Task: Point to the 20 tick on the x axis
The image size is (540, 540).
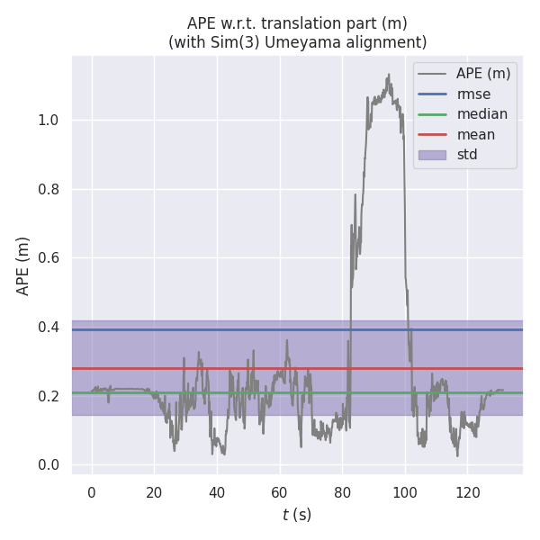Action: pyautogui.click(x=154, y=492)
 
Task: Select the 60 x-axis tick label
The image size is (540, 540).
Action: pyautogui.click(x=280, y=492)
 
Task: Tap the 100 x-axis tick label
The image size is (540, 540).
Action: pyautogui.click(x=405, y=492)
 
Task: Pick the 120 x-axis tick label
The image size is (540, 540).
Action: pyautogui.click(x=468, y=492)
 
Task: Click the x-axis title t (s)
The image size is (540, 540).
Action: pyautogui.click(x=297, y=515)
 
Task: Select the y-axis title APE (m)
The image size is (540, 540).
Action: pyautogui.click(x=23, y=265)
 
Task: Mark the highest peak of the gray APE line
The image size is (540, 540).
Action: pyautogui.click(x=389, y=75)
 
